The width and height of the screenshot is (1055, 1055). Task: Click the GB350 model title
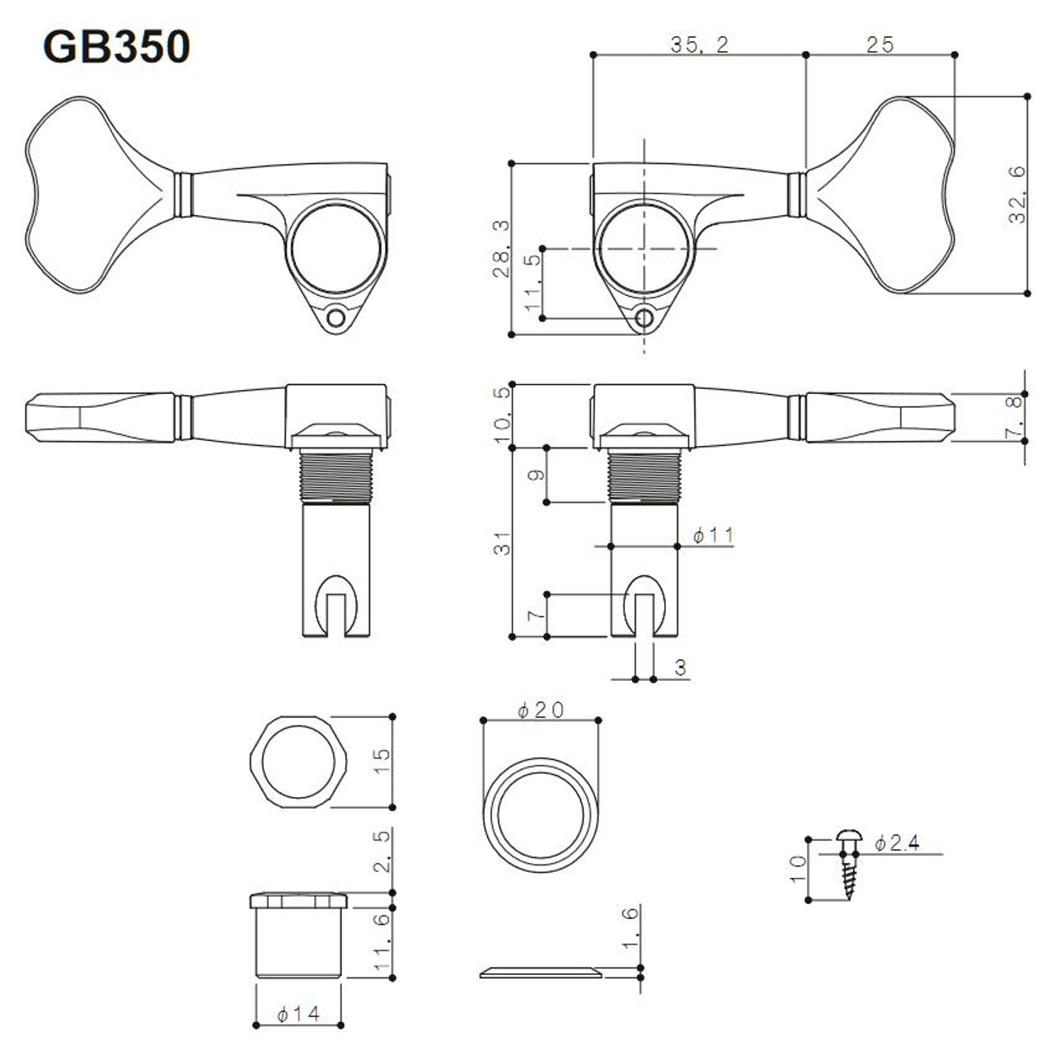click(116, 47)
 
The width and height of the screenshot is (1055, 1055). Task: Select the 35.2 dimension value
click(699, 45)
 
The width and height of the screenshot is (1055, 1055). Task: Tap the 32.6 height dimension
click(1017, 194)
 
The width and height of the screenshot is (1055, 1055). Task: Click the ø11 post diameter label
click(713, 536)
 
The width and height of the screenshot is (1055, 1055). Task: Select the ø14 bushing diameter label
click(298, 1013)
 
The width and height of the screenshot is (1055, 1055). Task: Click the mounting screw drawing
click(848, 865)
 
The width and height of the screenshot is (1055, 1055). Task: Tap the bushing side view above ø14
click(298, 935)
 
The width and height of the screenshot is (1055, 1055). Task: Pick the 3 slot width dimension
click(680, 667)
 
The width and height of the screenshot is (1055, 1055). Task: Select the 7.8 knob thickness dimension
click(1017, 417)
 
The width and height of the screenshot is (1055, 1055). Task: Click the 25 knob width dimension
click(879, 45)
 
